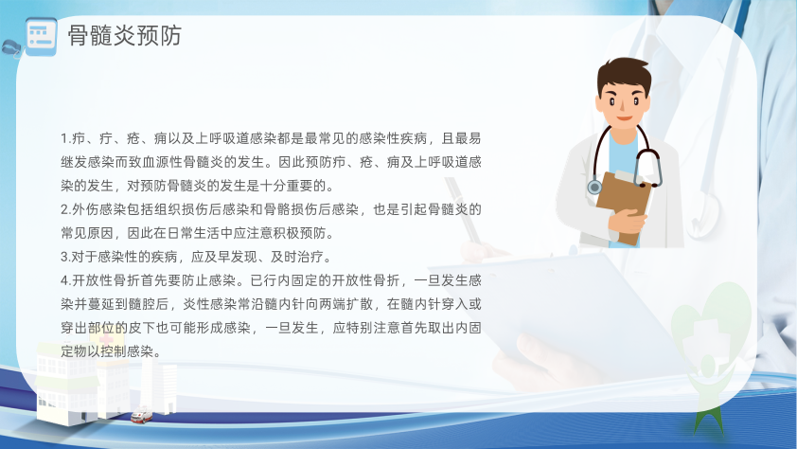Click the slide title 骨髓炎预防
[125, 36]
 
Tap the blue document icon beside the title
[41, 37]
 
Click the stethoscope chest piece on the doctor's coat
[594, 187]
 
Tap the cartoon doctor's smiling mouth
[625, 118]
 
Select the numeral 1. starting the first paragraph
[65, 138]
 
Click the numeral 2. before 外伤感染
[65, 209]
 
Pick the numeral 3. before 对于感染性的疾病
[65, 257]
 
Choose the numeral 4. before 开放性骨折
[65, 280]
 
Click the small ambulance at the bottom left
[141, 415]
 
